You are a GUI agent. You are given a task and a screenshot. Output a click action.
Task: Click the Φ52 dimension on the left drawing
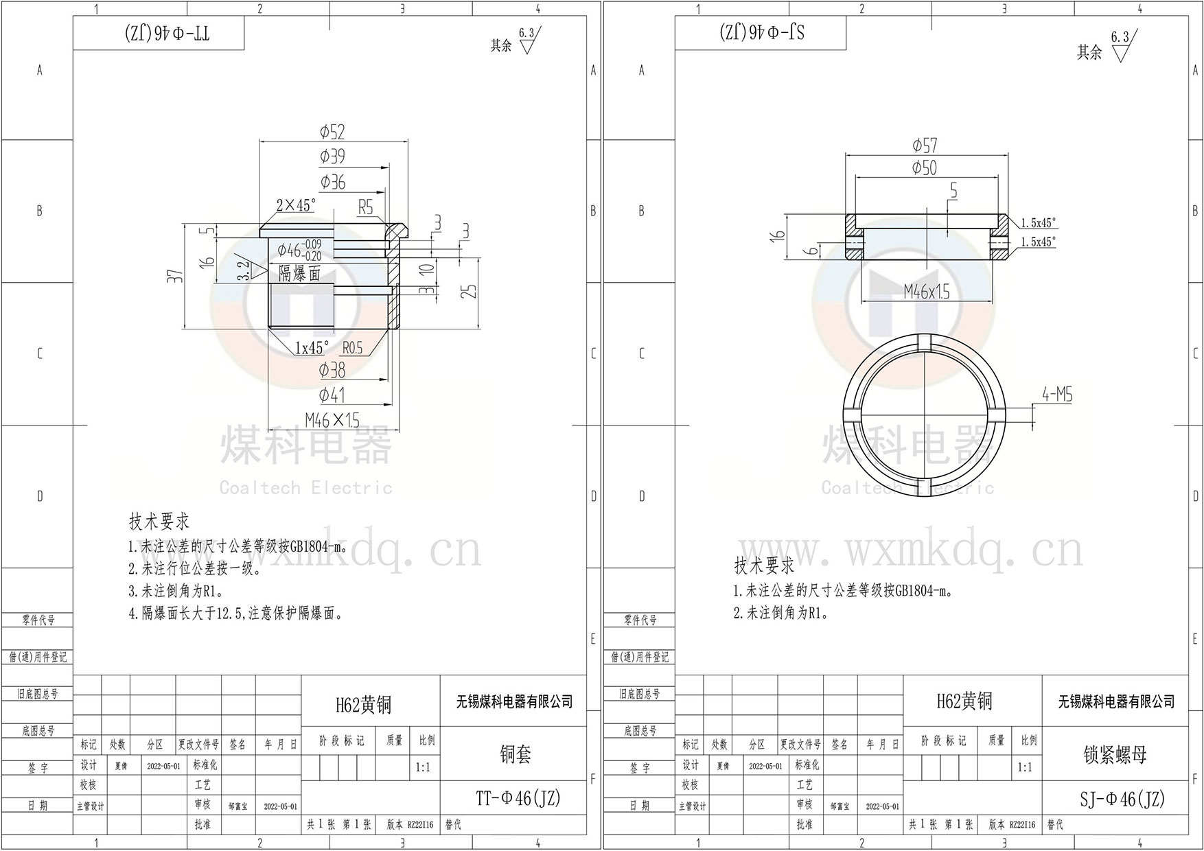click(x=332, y=132)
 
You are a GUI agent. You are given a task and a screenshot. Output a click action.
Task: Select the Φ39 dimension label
click(x=332, y=156)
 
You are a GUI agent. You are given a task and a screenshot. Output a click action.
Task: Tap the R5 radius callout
click(x=365, y=207)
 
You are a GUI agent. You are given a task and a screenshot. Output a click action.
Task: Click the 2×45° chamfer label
click(x=296, y=205)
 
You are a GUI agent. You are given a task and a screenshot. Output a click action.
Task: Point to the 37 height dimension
click(x=176, y=276)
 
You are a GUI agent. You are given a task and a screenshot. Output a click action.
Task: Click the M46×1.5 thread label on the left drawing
click(x=332, y=419)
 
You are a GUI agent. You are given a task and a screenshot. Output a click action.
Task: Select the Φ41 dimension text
click(x=332, y=395)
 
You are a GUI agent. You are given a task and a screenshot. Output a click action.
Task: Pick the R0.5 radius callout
click(x=351, y=348)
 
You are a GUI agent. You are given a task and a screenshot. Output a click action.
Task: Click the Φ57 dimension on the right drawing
click(x=925, y=145)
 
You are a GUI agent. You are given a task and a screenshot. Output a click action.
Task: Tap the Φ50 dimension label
click(x=925, y=168)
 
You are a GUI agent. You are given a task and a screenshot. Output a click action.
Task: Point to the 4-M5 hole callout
click(x=1056, y=395)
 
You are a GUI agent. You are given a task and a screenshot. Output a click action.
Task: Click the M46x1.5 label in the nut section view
click(x=927, y=292)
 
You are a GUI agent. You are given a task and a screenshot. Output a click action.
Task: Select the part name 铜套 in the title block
click(x=516, y=755)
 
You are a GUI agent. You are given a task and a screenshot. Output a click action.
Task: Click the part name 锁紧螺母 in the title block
click(x=1115, y=755)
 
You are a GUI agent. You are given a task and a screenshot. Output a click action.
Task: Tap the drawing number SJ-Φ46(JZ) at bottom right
click(x=1122, y=800)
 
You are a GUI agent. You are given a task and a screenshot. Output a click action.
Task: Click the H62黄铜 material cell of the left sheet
click(x=363, y=704)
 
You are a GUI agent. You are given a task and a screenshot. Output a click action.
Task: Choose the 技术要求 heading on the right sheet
click(x=764, y=566)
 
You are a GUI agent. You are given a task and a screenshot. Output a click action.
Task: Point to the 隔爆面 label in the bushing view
click(x=300, y=274)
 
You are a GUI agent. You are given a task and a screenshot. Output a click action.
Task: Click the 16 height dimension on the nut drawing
click(x=777, y=235)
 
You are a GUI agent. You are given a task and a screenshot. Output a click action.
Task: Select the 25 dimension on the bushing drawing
click(x=469, y=291)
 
